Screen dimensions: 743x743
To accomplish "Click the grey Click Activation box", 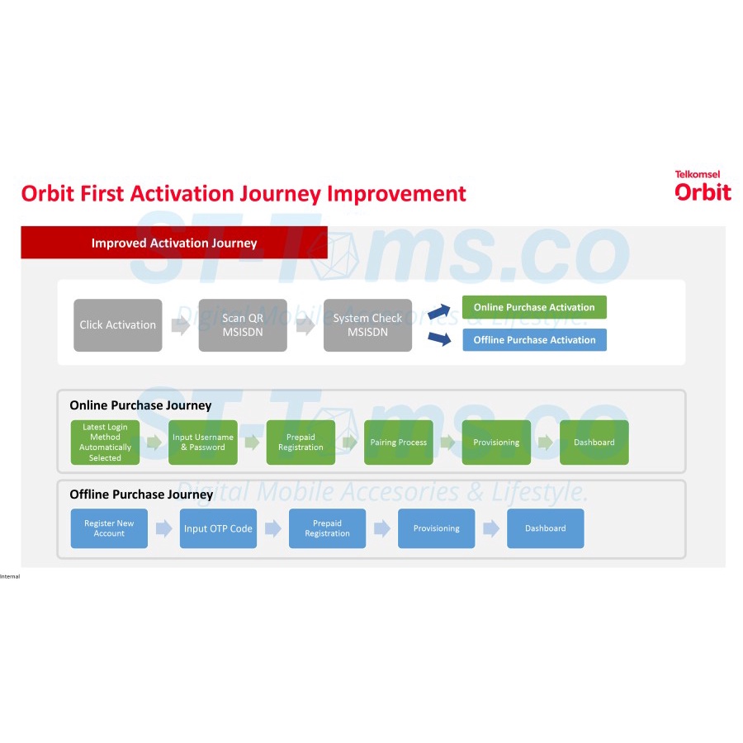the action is pyautogui.click(x=117, y=325).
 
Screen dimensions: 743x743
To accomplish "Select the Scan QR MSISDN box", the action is pyautogui.click(x=243, y=325).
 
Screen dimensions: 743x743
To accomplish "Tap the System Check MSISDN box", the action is pyautogui.click(x=367, y=325).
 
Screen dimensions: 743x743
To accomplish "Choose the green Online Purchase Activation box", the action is pyautogui.click(x=534, y=307).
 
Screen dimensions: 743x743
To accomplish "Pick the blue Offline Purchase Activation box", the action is pyautogui.click(x=534, y=340).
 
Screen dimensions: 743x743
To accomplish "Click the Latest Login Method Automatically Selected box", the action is pyautogui.click(x=105, y=442).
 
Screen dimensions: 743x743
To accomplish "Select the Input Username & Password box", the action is pyautogui.click(x=203, y=442).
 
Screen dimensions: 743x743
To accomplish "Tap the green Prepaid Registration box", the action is pyautogui.click(x=301, y=442).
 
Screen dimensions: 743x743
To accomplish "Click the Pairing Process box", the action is pyautogui.click(x=399, y=442).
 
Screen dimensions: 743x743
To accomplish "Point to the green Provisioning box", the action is pyautogui.click(x=496, y=442).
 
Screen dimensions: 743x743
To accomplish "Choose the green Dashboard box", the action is pyautogui.click(x=594, y=442).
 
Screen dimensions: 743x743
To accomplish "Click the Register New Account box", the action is pyautogui.click(x=109, y=528).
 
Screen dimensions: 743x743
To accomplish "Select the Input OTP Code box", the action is pyautogui.click(x=218, y=528).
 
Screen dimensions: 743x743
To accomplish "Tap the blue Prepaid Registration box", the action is pyautogui.click(x=328, y=528).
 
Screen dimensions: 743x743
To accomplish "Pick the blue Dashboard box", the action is pyautogui.click(x=546, y=528).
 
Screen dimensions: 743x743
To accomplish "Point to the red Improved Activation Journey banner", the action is pyautogui.click(x=174, y=243).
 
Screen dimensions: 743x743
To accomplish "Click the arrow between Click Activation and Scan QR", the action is pyautogui.click(x=181, y=325).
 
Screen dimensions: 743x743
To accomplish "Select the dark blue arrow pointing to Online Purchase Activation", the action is pyautogui.click(x=439, y=311).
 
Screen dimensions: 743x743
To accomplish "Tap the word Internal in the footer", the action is pyautogui.click(x=10, y=576).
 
